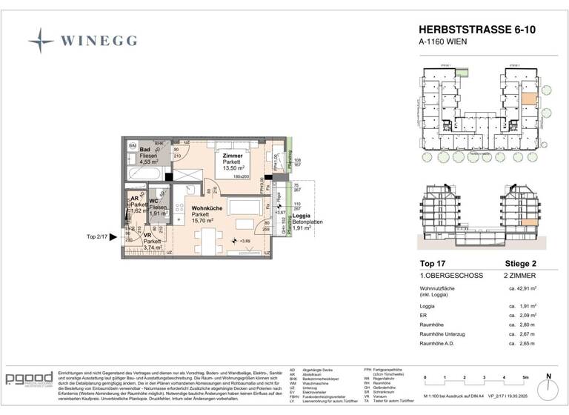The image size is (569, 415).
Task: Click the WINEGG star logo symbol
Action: [x=41, y=40]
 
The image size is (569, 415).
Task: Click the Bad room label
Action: [x=145, y=150]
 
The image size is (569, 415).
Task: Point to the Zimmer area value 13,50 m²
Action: [x=233, y=168]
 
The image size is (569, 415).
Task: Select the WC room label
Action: [x=155, y=201]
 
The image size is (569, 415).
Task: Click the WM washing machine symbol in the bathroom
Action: [x=133, y=146]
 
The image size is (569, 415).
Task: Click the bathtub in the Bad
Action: [x=146, y=173]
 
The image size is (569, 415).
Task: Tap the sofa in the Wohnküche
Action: [x=242, y=205]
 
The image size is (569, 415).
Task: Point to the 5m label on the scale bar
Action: [x=524, y=378]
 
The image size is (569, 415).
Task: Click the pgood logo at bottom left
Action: [x=29, y=379]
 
